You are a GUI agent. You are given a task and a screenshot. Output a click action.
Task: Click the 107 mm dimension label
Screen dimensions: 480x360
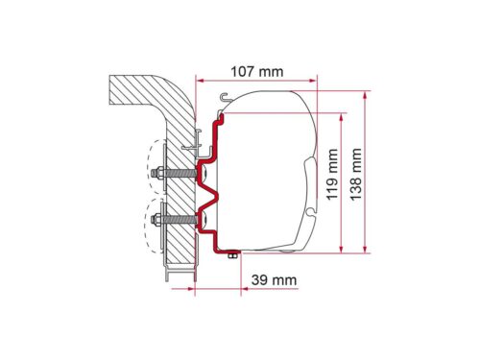click(x=257, y=72)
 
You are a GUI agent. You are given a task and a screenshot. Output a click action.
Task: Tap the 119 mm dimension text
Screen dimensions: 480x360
click(x=332, y=174)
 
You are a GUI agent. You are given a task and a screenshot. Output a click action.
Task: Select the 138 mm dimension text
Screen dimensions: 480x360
click(x=355, y=174)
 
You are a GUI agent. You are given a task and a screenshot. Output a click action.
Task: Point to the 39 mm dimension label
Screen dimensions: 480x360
click(x=274, y=280)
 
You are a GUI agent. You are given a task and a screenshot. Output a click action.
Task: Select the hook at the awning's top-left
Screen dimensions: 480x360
click(x=226, y=96)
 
